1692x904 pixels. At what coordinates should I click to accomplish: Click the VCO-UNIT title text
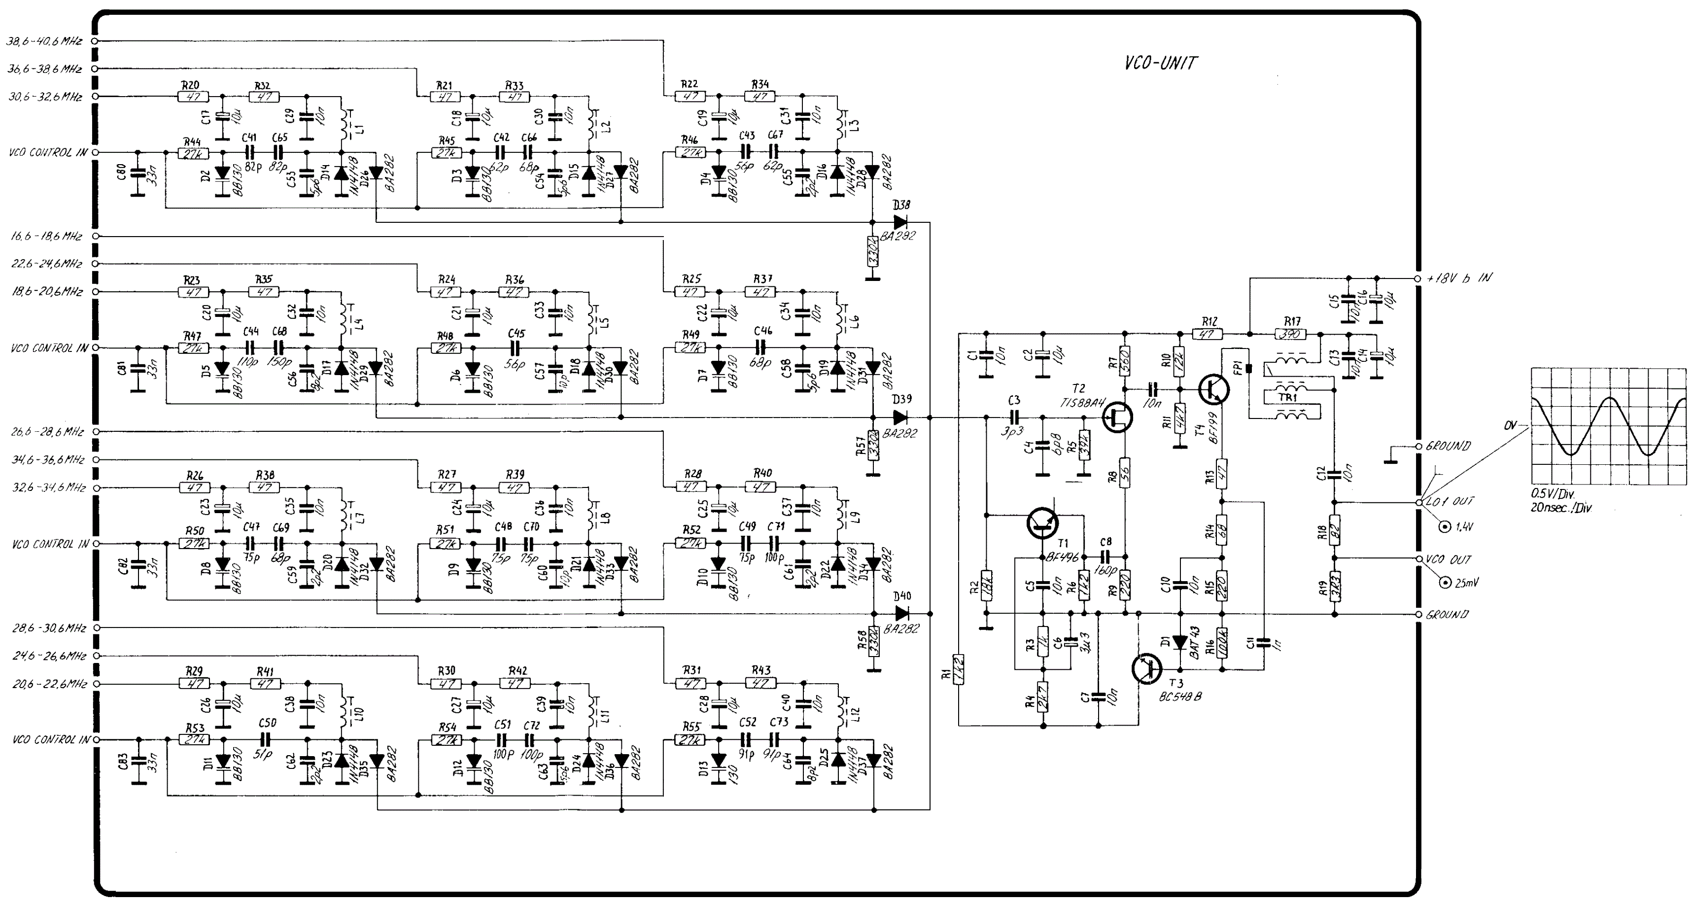pyautogui.click(x=1161, y=63)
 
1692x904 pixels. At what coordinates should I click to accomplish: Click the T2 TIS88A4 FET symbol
pyautogui.click(x=1117, y=418)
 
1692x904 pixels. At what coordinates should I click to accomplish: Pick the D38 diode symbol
pyautogui.click(x=900, y=222)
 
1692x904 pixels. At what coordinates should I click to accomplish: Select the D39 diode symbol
pyautogui.click(x=900, y=417)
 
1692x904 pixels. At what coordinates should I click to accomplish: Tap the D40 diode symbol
pyautogui.click(x=901, y=614)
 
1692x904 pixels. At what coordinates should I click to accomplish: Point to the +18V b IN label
pyautogui.click(x=1458, y=278)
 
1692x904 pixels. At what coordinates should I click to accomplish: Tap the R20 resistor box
pyautogui.click(x=193, y=97)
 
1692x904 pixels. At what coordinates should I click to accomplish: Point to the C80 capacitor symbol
pyautogui.click(x=138, y=175)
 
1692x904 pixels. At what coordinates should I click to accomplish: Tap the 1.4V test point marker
pyautogui.click(x=1445, y=527)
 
